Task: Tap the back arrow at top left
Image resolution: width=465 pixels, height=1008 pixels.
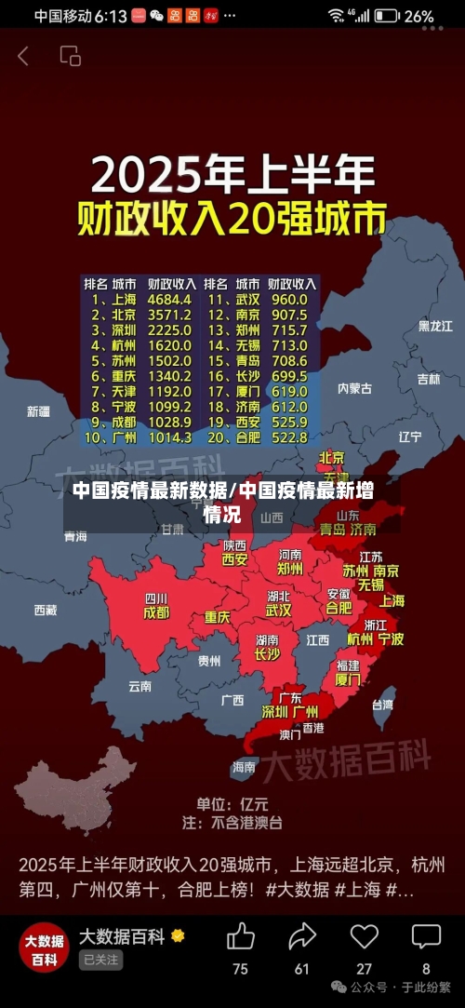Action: click(x=23, y=56)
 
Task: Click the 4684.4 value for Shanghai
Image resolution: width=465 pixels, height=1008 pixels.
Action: click(x=170, y=300)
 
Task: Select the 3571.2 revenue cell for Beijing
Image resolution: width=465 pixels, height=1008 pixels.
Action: click(x=170, y=316)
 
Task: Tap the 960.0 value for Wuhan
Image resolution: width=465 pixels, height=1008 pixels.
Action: click(x=289, y=300)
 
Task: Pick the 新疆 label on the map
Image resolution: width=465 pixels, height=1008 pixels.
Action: click(x=38, y=410)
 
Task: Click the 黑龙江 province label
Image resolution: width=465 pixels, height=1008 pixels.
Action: click(x=434, y=326)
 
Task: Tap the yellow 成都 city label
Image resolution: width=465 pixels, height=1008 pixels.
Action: click(x=156, y=613)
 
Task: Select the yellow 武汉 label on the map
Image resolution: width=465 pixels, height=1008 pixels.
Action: click(x=278, y=611)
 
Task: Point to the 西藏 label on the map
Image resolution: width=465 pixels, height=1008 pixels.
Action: click(x=45, y=610)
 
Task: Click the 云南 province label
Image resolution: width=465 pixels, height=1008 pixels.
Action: click(x=139, y=686)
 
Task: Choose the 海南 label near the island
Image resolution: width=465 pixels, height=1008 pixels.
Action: click(x=244, y=767)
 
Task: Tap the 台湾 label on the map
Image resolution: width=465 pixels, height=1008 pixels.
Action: click(x=382, y=705)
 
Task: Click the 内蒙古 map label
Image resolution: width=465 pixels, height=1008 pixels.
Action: click(x=354, y=387)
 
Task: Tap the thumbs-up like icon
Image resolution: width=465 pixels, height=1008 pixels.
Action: click(x=240, y=936)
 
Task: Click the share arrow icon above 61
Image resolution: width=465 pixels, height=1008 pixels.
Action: click(x=302, y=936)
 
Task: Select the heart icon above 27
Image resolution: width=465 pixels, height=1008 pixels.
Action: click(x=364, y=936)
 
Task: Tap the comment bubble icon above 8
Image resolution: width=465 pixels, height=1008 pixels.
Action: click(x=426, y=936)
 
